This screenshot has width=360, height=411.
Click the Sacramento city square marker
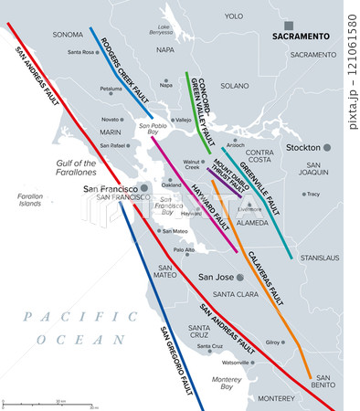click(x=289, y=26)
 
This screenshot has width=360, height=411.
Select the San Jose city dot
click(x=239, y=277)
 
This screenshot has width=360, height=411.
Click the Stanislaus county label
click(x=320, y=258)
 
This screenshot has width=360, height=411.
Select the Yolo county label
click(x=234, y=16)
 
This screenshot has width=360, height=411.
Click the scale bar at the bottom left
click(x=49, y=403)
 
